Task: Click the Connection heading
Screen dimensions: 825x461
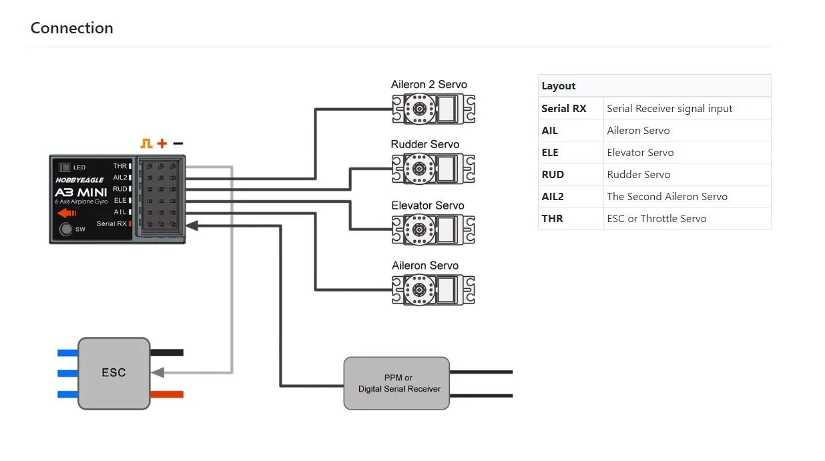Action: tap(72, 28)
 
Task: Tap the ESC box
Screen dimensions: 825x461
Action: tap(114, 373)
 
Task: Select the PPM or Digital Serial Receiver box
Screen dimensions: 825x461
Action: tap(396, 383)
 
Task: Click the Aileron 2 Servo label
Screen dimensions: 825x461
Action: tap(429, 84)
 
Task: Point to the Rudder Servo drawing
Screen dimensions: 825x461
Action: tap(433, 169)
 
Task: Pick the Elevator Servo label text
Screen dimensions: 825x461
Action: tap(428, 205)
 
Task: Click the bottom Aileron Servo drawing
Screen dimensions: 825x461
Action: tap(433, 290)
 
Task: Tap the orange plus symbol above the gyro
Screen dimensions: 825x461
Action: tap(162, 143)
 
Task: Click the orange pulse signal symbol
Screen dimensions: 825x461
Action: tap(146, 143)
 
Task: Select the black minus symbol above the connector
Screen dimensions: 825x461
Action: tap(178, 143)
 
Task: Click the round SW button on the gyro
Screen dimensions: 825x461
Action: tap(66, 229)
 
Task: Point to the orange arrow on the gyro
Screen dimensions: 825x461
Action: tap(67, 213)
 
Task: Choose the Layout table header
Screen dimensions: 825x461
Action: tap(559, 86)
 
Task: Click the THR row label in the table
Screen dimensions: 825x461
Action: tap(552, 218)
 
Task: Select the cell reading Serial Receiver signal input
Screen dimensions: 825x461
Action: tap(669, 108)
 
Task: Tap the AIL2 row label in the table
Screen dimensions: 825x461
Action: tap(553, 196)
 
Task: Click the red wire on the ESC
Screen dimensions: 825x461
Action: tap(167, 394)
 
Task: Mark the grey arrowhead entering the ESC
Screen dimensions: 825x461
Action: tap(158, 373)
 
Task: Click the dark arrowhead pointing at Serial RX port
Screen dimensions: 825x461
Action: tap(192, 225)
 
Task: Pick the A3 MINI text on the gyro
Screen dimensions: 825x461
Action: tap(81, 192)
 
